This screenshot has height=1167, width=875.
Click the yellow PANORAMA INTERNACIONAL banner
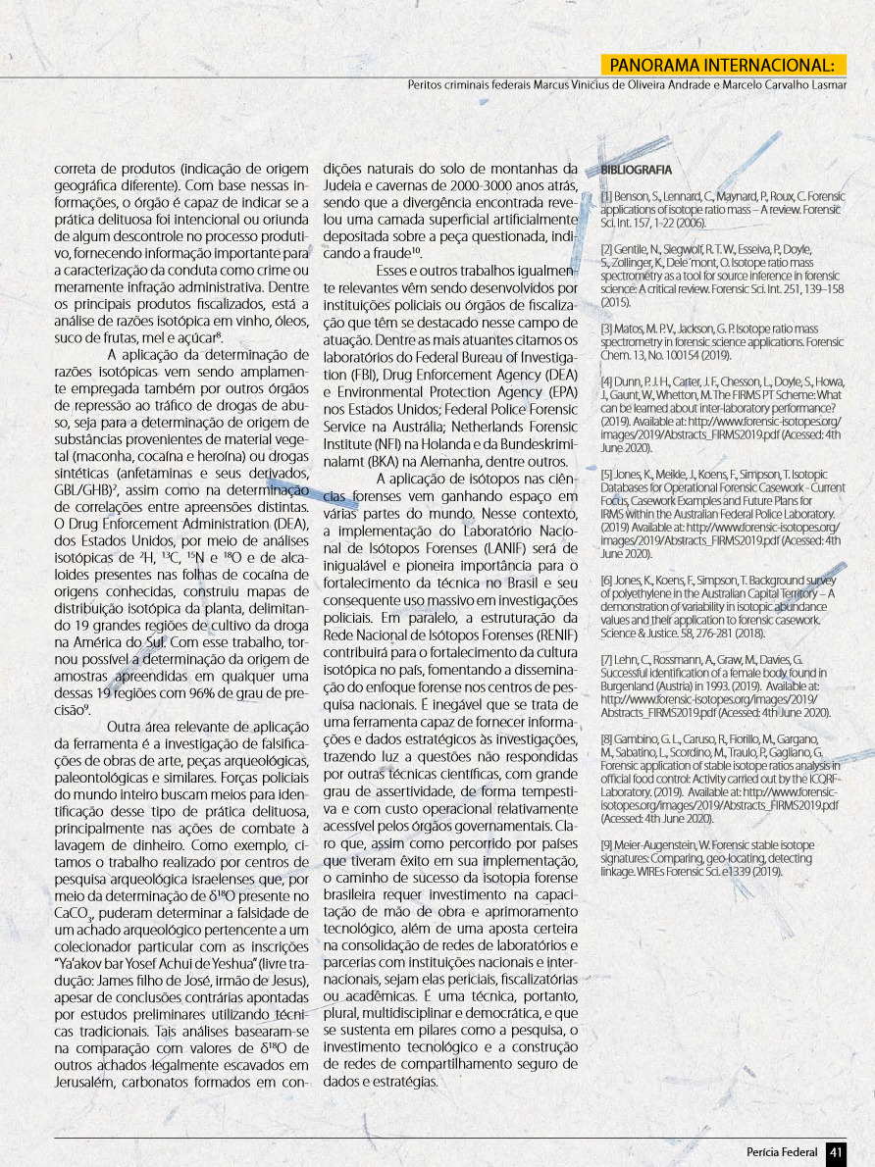coord(723,65)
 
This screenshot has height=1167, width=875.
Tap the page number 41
coord(836,1151)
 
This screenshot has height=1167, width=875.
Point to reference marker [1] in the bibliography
coord(606,197)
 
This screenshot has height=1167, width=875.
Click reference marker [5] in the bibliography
coord(607,473)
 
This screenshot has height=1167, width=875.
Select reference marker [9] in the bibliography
coord(607,844)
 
